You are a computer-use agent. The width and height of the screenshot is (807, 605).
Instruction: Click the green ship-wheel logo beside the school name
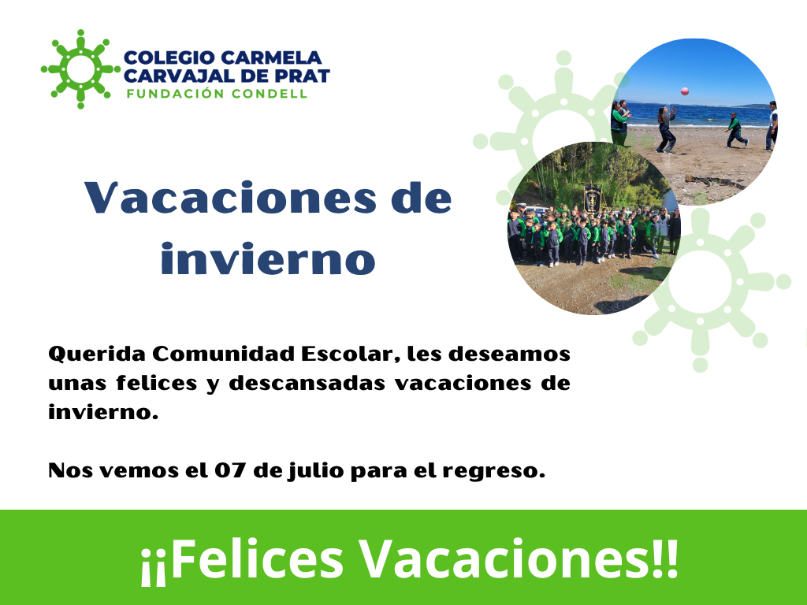pyautogui.click(x=80, y=69)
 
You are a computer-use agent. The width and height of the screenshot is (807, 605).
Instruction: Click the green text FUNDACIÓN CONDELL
pyautogui.click(x=217, y=94)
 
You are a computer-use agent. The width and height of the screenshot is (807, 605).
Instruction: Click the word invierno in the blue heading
pyautogui.click(x=268, y=258)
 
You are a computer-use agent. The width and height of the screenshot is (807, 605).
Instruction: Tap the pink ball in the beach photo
pyautogui.click(x=685, y=91)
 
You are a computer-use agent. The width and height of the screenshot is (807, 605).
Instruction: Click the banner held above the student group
pyautogui.click(x=593, y=198)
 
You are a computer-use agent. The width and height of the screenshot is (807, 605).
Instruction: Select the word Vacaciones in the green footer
pyautogui.click(x=504, y=559)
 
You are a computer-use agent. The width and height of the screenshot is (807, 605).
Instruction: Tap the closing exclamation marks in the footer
pyautogui.click(x=664, y=559)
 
